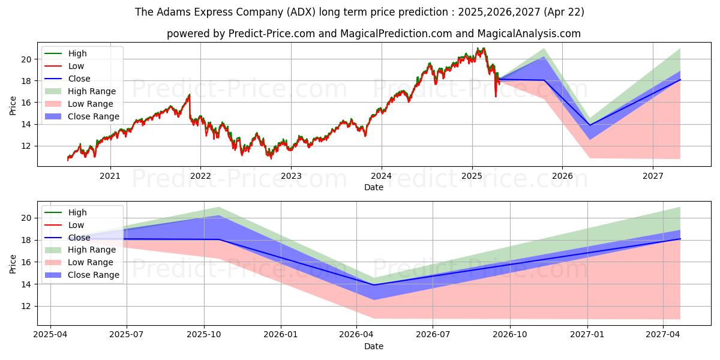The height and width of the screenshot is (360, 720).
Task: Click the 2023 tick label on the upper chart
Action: click(x=291, y=176)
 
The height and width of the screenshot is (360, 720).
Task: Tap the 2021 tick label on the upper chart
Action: click(x=110, y=176)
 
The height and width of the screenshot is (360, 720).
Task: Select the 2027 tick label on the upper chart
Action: click(x=653, y=176)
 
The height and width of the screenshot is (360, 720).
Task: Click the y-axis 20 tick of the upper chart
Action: click(x=26, y=59)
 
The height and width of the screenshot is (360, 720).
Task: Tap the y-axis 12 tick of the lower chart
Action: click(x=26, y=306)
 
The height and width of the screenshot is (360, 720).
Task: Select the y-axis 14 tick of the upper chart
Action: click(x=26, y=124)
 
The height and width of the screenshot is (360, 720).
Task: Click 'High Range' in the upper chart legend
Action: click(x=92, y=91)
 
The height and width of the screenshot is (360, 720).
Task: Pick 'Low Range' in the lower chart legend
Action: click(x=91, y=262)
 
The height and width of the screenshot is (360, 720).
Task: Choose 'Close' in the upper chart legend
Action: click(x=79, y=79)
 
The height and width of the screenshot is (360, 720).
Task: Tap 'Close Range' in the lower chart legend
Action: click(x=94, y=275)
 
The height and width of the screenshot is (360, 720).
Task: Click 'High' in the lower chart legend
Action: click(x=77, y=212)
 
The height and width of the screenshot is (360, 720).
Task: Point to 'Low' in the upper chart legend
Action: click(x=76, y=66)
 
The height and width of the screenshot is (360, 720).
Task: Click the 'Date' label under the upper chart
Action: click(x=373, y=187)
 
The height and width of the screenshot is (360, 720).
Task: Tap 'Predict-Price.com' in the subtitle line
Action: click(x=271, y=34)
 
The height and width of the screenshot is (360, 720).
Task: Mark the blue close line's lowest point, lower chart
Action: click(x=374, y=285)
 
